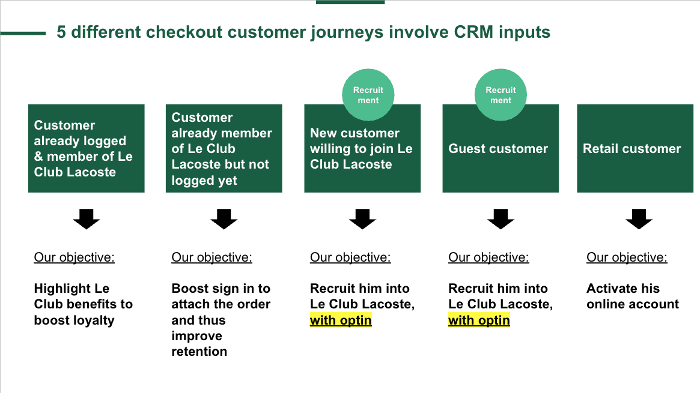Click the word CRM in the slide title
(x=473, y=32)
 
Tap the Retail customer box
(x=635, y=148)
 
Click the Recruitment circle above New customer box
(x=368, y=94)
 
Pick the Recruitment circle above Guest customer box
(x=501, y=94)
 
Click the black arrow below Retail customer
(x=639, y=219)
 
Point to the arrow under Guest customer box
(x=501, y=219)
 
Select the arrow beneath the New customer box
(x=362, y=219)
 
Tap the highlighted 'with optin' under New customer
(x=341, y=320)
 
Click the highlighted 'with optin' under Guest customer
(x=479, y=320)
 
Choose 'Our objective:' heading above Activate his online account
(x=627, y=257)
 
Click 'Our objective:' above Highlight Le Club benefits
(x=74, y=257)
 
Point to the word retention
(x=199, y=352)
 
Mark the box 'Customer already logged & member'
(x=86, y=148)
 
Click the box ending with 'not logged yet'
(x=224, y=148)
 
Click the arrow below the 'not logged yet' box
(x=224, y=219)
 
